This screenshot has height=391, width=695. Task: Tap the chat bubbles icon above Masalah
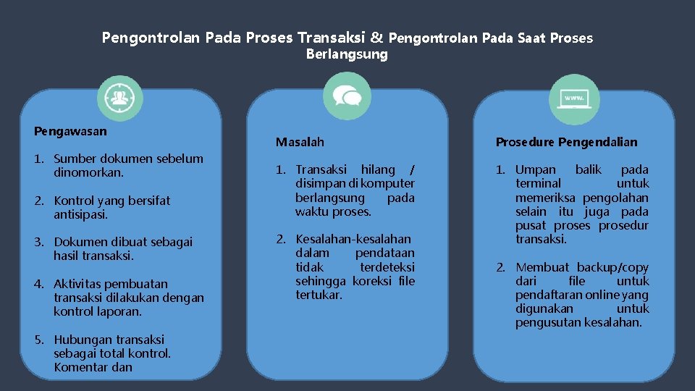347,96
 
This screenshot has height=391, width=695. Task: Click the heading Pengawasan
70,131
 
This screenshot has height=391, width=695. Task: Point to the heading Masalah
300,142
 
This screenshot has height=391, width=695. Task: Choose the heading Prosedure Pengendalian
566,142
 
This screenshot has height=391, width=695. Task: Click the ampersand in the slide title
376,37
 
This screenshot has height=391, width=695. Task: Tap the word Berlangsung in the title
347,54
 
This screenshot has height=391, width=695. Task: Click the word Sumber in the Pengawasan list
75,159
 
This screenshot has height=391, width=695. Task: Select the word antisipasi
80,214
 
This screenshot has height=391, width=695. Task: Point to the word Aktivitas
79,284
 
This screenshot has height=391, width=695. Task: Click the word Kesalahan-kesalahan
353,239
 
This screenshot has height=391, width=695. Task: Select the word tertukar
319,295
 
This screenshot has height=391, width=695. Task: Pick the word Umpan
536,169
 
